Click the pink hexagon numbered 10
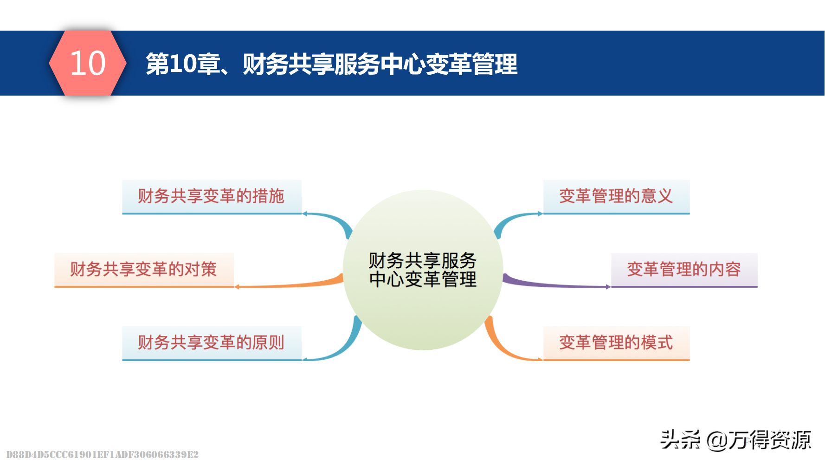[x=88, y=63]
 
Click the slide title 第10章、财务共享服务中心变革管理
[x=331, y=64]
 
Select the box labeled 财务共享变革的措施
[x=212, y=196]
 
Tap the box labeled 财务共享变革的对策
[x=144, y=270]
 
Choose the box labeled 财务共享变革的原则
[x=212, y=342]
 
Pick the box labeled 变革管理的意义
[x=616, y=196]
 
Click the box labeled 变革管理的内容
[x=684, y=270]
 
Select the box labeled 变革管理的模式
[x=616, y=342]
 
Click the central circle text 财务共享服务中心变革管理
[x=423, y=270]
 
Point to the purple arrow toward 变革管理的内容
[x=552, y=284]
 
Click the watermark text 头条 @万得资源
[x=735, y=439]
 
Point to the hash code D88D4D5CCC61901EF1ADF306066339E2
[x=102, y=454]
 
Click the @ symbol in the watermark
[x=717, y=440]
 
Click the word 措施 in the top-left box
[x=268, y=196]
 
